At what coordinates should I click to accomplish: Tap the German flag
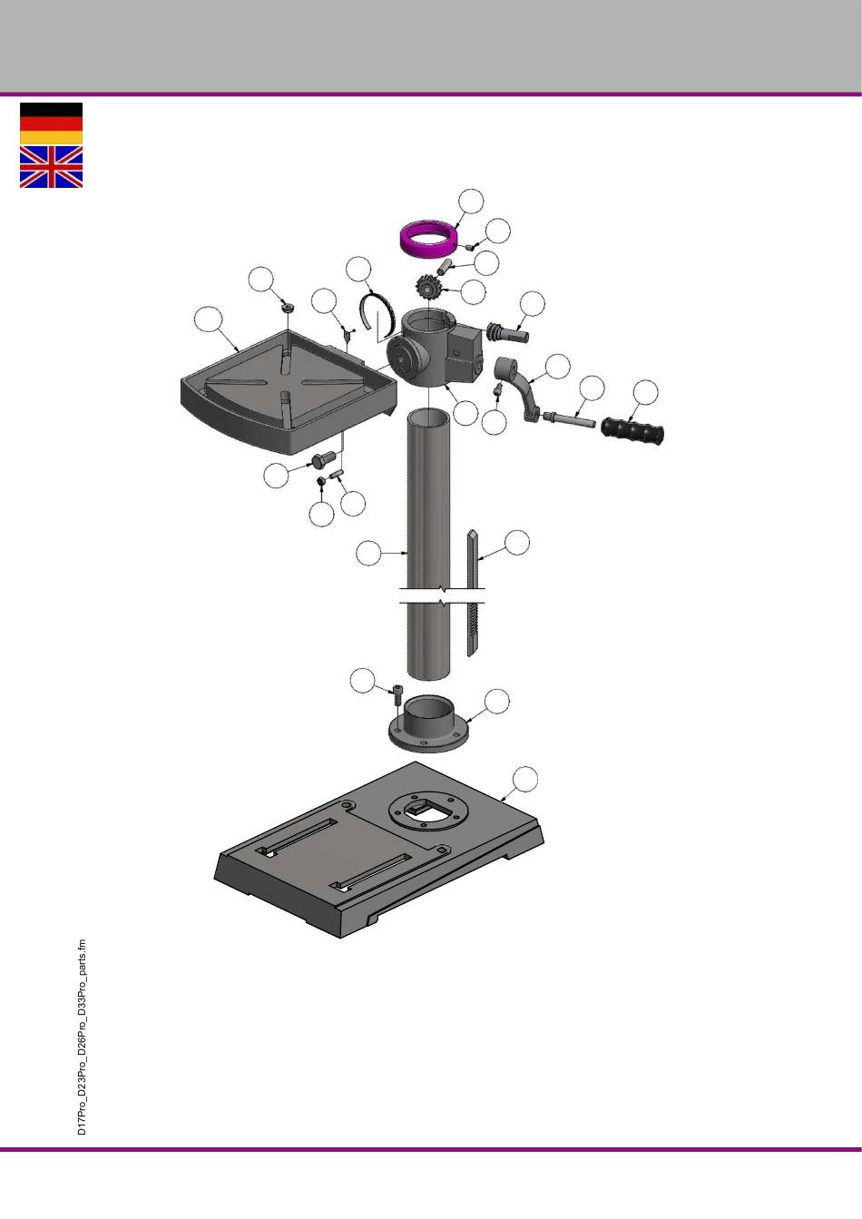[51, 123]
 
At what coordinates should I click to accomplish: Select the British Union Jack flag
[51, 167]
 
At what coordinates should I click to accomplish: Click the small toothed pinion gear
[427, 288]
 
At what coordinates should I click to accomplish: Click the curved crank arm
[519, 388]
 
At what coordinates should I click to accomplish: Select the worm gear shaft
[508, 332]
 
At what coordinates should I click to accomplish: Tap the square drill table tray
[289, 392]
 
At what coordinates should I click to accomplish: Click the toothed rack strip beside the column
[473, 594]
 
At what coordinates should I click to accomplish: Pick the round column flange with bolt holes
[428, 723]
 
